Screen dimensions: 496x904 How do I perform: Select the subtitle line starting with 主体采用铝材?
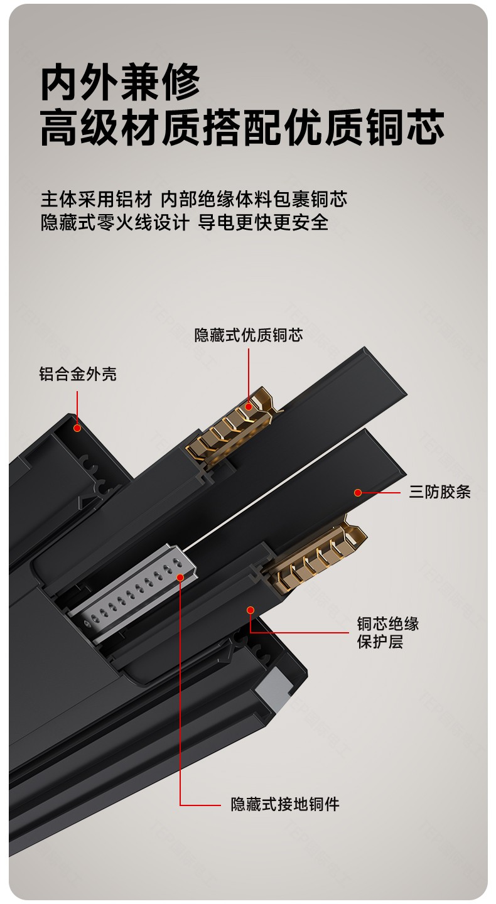194,199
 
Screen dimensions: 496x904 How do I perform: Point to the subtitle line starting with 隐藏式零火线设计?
185,222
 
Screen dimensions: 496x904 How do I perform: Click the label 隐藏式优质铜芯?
249,335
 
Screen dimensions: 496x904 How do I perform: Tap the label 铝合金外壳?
78,374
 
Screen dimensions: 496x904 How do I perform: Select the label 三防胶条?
440,492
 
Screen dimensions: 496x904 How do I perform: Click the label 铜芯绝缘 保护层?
388,632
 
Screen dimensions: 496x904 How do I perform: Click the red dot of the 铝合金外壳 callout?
77,428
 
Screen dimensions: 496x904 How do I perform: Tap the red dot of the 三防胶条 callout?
358,492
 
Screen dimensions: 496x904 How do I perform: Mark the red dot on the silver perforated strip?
180,578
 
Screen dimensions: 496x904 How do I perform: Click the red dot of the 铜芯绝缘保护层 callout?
251,610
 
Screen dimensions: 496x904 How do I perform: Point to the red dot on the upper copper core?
249,407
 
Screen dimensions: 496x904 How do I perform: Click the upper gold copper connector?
234,427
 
